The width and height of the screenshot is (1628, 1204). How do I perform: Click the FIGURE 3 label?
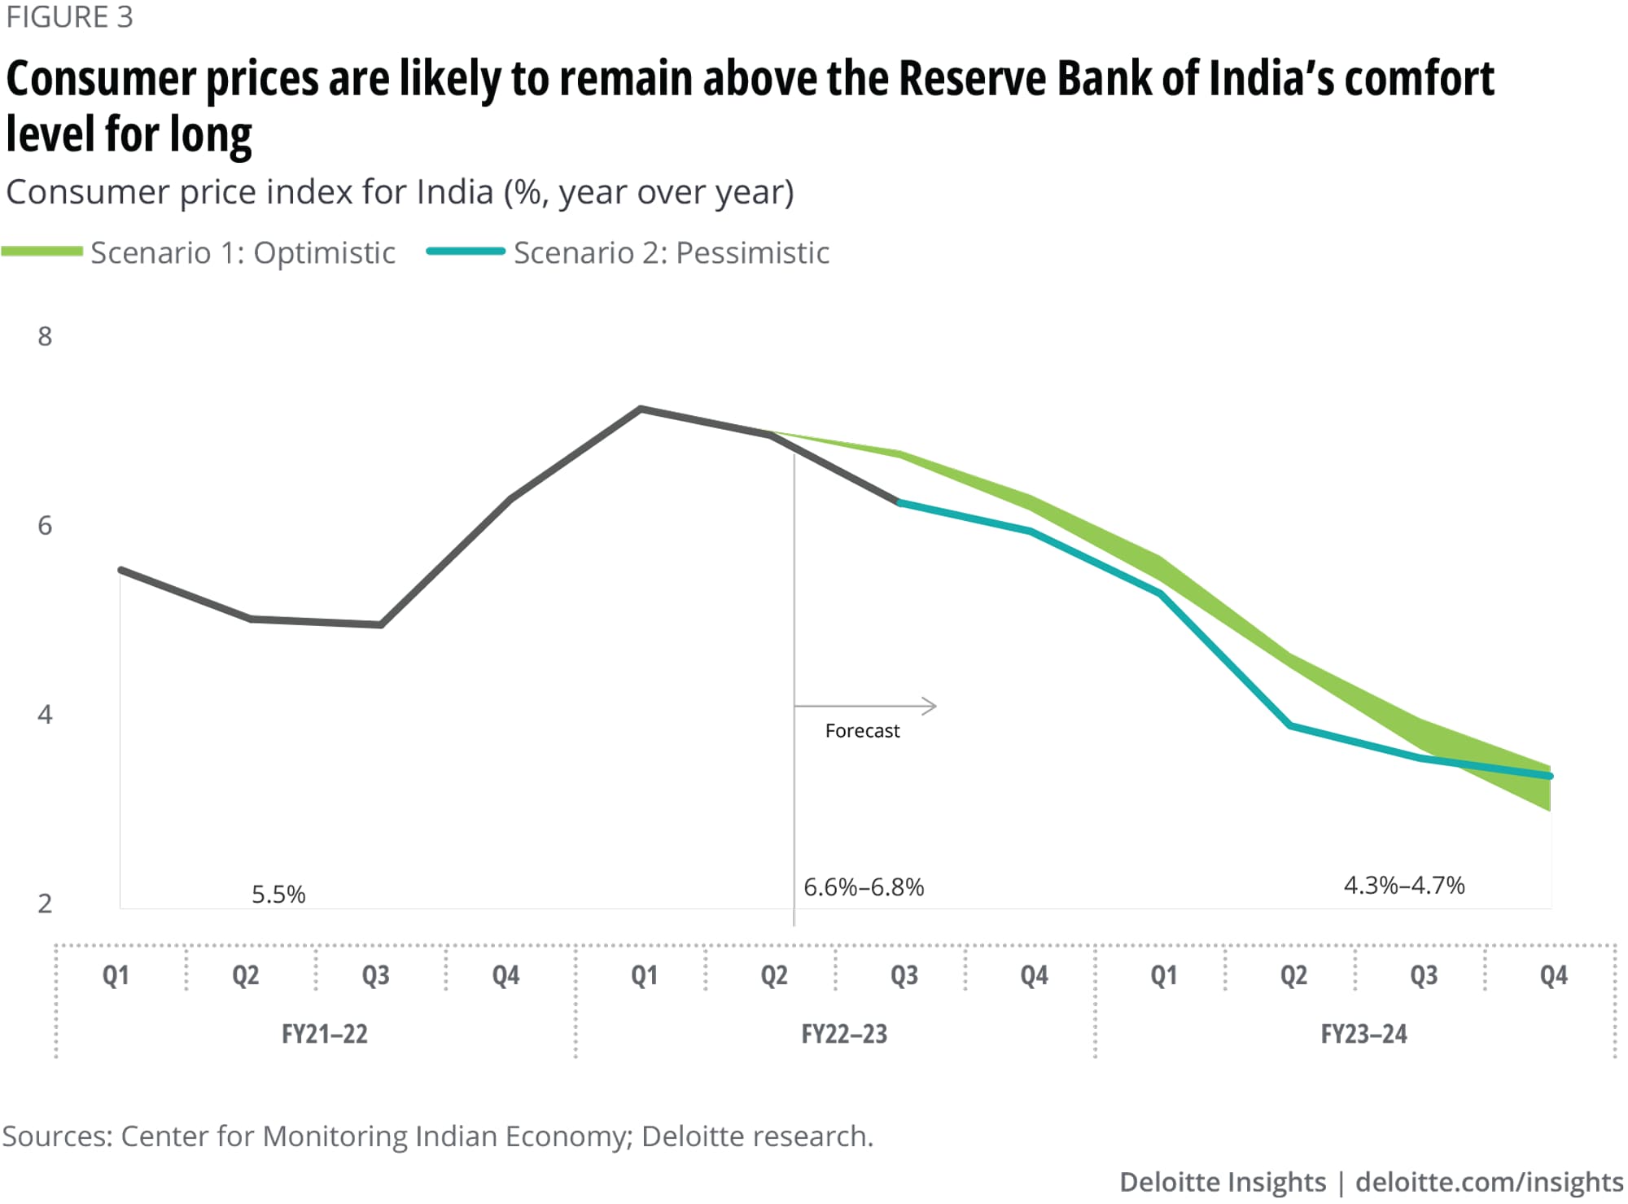click(69, 17)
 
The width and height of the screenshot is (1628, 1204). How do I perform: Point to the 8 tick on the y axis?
click(45, 336)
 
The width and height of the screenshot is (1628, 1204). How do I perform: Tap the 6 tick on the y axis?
click(45, 525)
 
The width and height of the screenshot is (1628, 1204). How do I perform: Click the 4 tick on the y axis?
click(45, 714)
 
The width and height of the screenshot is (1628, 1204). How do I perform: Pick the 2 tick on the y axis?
click(45, 903)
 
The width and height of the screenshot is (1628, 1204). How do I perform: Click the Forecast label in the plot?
click(862, 731)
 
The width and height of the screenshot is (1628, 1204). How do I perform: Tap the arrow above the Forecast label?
click(865, 706)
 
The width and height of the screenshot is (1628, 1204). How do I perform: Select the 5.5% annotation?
click(278, 895)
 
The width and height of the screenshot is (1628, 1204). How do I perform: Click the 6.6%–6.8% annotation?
click(864, 887)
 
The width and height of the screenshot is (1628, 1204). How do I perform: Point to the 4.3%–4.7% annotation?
click(1404, 885)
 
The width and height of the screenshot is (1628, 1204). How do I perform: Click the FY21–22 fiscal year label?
click(324, 1034)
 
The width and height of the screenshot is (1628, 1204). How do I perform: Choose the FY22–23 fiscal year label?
click(844, 1034)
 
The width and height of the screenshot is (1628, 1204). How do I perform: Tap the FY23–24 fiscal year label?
click(1363, 1034)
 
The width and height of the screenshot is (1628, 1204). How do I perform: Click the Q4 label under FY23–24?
click(1553, 975)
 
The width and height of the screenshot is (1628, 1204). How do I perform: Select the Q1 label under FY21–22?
click(116, 975)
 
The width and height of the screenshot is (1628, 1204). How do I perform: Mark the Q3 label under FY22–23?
click(904, 975)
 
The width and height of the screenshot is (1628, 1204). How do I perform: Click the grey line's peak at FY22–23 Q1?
click(641, 409)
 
